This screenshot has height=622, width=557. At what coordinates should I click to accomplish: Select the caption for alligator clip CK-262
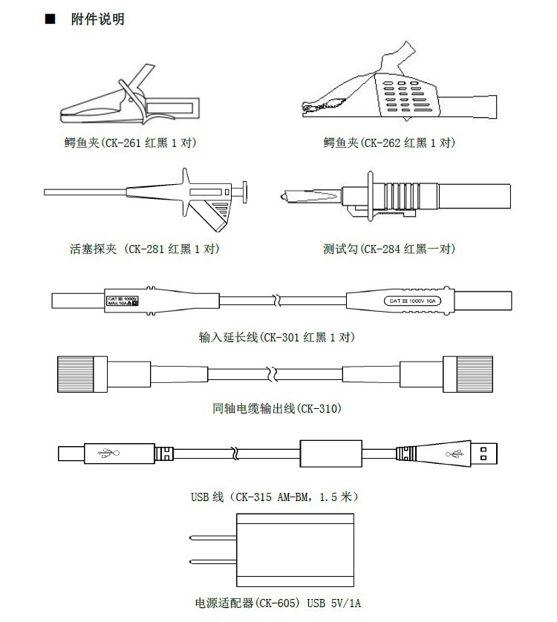[x=389, y=142]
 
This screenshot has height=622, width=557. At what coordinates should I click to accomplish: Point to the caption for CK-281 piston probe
[x=143, y=249]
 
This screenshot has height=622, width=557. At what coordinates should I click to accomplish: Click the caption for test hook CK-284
[x=388, y=249]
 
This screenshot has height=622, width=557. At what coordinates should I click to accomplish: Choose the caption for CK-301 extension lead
[x=276, y=337]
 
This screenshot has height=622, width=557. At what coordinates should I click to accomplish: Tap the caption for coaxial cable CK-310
[x=276, y=408]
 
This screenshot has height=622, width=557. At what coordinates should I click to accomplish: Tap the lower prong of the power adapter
[x=212, y=562]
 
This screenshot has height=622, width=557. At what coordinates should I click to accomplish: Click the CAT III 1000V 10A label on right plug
[x=412, y=301]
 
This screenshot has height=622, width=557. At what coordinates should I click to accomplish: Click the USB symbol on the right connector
[x=452, y=452]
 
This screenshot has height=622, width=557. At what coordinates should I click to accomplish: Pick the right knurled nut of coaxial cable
[x=476, y=372]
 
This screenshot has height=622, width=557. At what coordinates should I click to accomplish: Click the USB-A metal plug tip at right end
[x=486, y=452]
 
